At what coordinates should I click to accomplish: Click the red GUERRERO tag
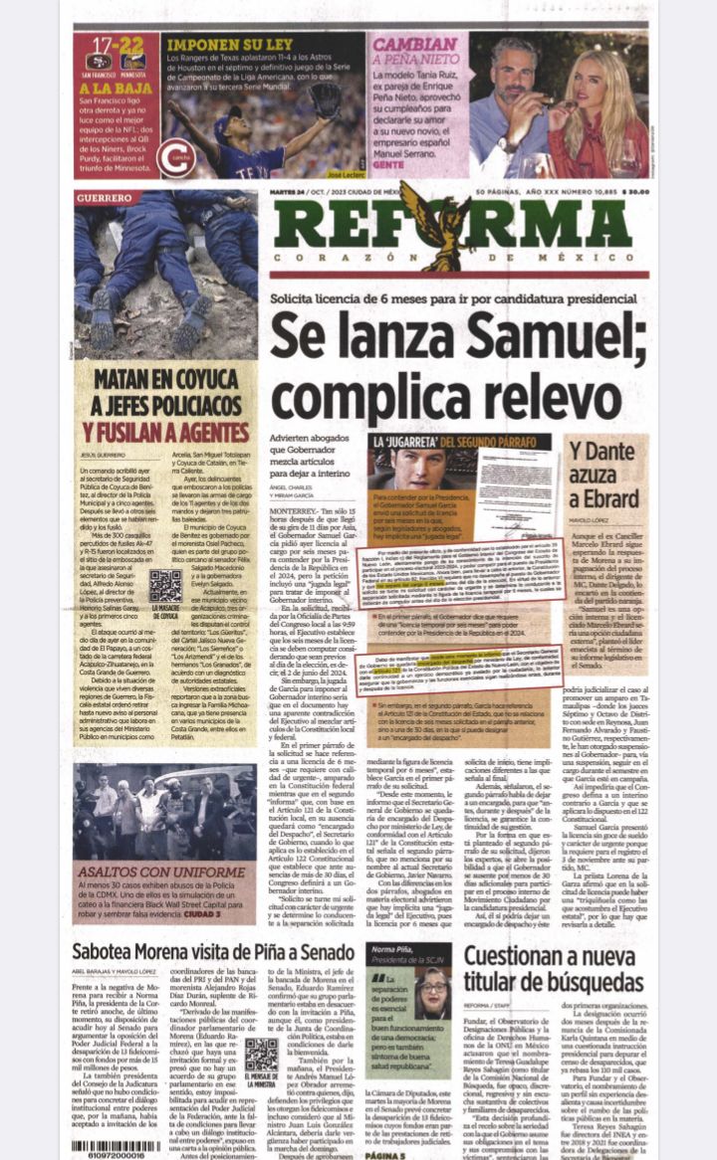[104, 198]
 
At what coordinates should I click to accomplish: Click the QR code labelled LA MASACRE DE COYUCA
[165, 586]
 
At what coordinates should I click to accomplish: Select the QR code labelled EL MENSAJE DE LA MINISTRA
[261, 1057]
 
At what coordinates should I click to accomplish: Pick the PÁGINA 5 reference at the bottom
[384, 1156]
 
